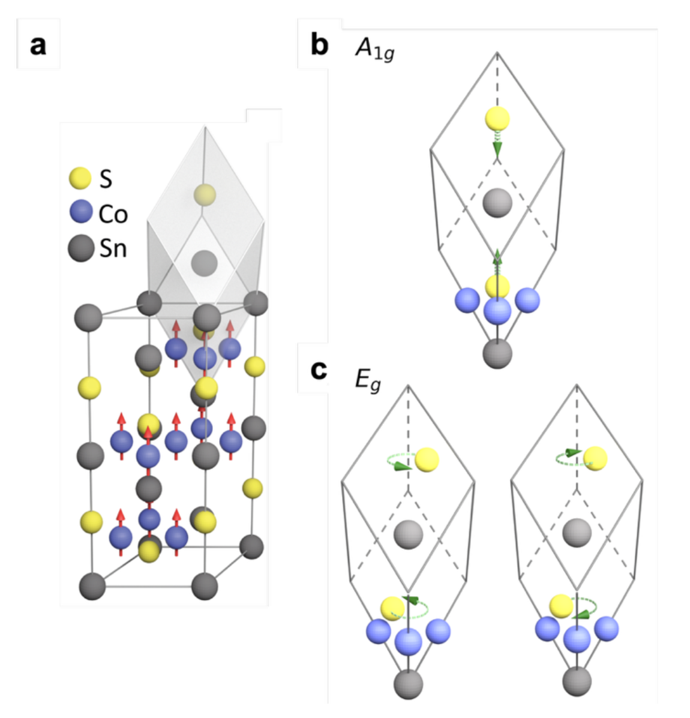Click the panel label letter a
coord(38,45)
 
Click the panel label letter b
coord(319,44)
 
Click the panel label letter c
coord(319,370)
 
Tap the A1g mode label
coord(374,50)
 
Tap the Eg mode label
coord(367,381)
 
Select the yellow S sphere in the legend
coord(80,178)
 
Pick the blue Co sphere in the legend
coord(80,213)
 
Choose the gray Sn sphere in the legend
coord(80,248)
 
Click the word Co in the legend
coord(113,214)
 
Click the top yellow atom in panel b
coord(497,119)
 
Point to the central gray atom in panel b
coord(497,202)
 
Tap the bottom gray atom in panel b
coord(497,353)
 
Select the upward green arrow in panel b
coord(497,259)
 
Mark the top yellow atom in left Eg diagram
coord(427,459)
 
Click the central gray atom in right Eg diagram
coord(577,532)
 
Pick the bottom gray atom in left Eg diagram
coord(409,683)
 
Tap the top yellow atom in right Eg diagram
coord(595,459)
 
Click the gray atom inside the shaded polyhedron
coord(205,262)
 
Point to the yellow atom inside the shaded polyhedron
coord(205,194)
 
